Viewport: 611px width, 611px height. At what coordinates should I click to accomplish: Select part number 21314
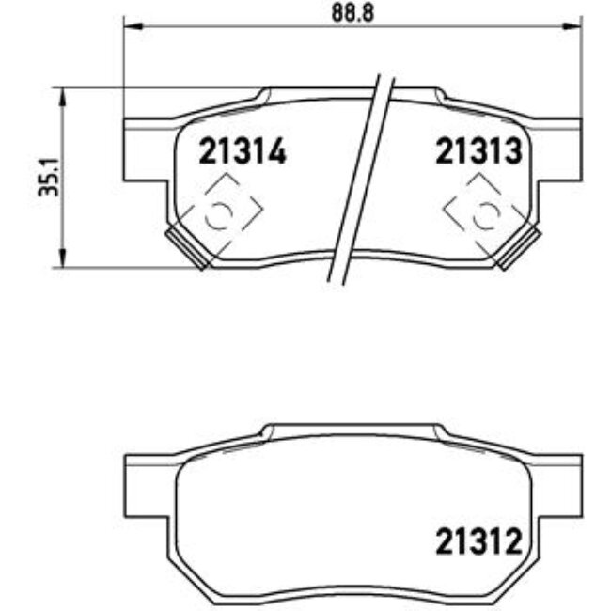click(242, 150)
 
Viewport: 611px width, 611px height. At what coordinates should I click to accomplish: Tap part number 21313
click(478, 150)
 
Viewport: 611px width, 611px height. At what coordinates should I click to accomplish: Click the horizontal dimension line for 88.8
click(235, 27)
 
